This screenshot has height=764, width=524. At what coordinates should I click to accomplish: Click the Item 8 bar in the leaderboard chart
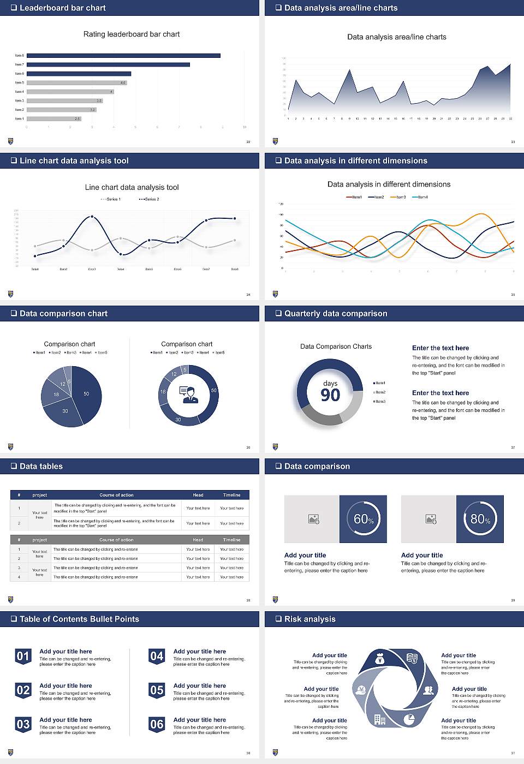[x=123, y=56]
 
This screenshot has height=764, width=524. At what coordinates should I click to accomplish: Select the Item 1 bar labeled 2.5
[x=53, y=118]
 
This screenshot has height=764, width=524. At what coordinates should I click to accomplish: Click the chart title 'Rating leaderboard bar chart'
[x=131, y=34]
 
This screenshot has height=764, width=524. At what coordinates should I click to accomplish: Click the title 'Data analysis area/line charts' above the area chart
[x=396, y=37]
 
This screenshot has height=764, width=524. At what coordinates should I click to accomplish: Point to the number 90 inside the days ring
[x=330, y=395]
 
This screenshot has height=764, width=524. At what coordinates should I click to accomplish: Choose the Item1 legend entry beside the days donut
[x=379, y=383]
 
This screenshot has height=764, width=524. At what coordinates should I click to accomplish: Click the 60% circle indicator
[x=364, y=519]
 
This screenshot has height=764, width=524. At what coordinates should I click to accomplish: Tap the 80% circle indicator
[x=480, y=519]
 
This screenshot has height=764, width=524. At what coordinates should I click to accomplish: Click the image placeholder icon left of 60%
[x=313, y=519]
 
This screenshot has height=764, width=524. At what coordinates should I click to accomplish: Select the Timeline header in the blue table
[x=231, y=495]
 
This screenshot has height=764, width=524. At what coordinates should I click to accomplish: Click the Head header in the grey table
[x=198, y=540]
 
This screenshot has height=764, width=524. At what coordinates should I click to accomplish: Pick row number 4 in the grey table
[x=19, y=577]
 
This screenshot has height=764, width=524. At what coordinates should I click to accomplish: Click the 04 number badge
[x=157, y=656]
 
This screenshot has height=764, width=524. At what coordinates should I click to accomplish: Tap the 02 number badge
[x=23, y=690]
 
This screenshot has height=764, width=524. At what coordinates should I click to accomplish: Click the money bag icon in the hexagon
[x=380, y=660]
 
